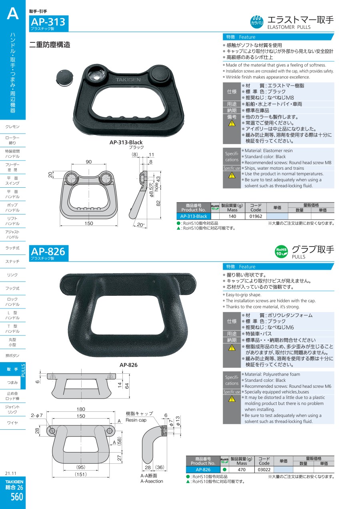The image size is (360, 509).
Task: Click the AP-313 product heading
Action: coord(48,22)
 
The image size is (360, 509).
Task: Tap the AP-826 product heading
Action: coord(48,252)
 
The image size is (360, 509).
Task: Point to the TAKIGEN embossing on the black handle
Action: coord(128,80)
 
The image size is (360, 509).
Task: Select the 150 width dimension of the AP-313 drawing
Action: coord(88,223)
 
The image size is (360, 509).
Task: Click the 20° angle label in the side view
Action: coord(141,225)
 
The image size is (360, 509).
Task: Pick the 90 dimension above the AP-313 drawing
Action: coord(88,162)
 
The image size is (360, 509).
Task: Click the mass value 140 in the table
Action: coord(232,216)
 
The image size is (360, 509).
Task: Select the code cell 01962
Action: coord(256,216)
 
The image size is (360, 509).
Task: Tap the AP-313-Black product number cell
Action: coord(194,216)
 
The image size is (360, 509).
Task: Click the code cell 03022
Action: coord(264,469)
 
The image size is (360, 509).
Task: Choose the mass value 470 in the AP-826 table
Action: coord(242,469)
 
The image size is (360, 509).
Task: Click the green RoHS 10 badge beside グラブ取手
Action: coord(282,252)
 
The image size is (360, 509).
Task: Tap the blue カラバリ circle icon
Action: coord(257,22)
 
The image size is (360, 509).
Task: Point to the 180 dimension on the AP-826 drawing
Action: coord(81,409)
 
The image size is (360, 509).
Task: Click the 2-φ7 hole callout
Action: coord(37,415)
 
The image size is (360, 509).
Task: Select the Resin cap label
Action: coord(136,420)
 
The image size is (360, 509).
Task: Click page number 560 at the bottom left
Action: coord(17,497)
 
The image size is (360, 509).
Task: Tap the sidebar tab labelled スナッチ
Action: coord(12,261)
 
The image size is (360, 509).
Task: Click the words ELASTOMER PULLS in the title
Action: coord(289,27)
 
